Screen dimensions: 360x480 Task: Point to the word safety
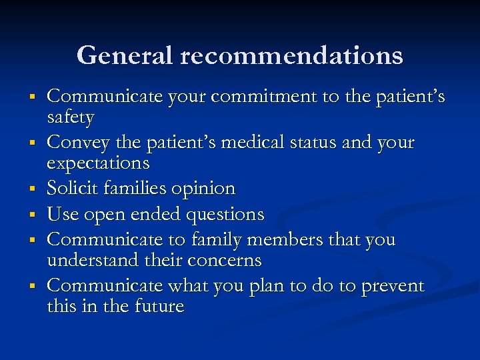[71, 117]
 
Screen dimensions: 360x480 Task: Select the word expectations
[98, 163]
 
